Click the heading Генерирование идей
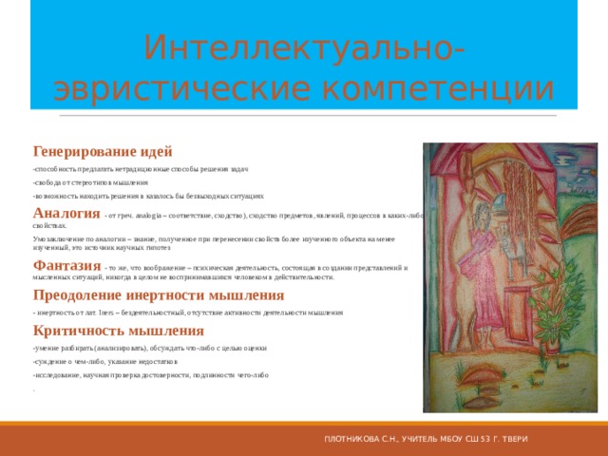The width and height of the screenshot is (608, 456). click(x=103, y=151)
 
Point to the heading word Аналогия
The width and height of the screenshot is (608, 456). click(x=66, y=212)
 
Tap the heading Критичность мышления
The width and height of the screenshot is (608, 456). click(x=118, y=331)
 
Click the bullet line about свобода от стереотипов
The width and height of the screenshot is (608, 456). click(x=90, y=180)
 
